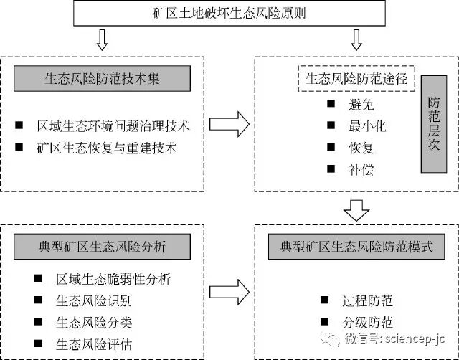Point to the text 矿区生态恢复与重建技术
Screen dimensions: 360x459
108,150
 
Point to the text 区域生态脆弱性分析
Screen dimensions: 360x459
114,278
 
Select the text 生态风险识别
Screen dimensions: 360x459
95,300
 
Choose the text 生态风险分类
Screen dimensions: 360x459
95,322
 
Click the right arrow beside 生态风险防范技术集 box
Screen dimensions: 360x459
229,126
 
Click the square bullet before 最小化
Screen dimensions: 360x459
331,126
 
